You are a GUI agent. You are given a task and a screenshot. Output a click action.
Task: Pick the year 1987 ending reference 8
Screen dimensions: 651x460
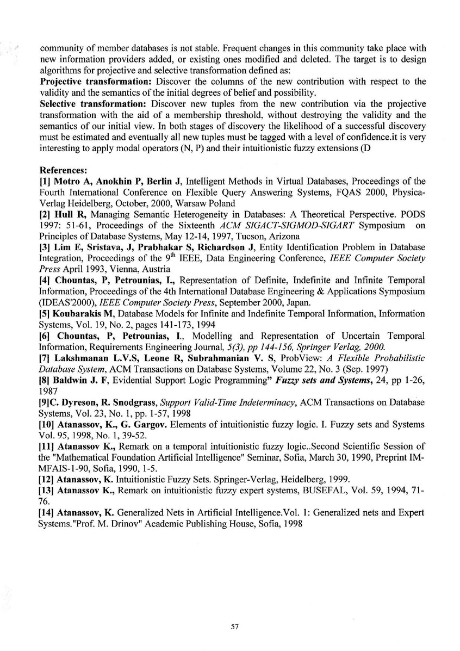[49, 390]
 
